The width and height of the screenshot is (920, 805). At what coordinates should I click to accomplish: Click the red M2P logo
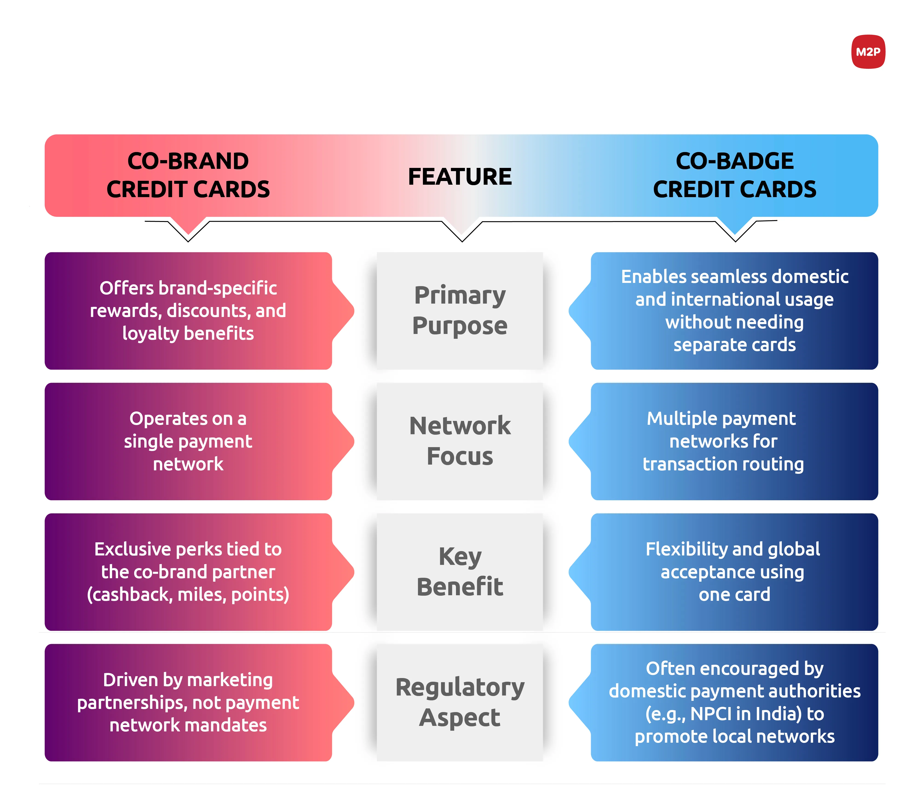click(x=868, y=52)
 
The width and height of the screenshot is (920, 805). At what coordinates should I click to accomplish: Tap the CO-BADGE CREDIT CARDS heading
click(x=735, y=175)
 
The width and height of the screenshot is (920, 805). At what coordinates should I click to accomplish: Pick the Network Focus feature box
click(x=460, y=441)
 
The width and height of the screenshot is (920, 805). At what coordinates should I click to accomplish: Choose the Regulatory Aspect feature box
click(x=460, y=702)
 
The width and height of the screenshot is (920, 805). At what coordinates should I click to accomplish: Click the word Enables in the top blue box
click(x=654, y=277)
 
